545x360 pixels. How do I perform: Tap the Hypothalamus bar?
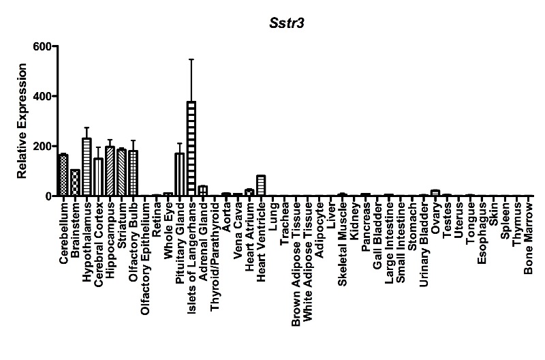click(x=87, y=167)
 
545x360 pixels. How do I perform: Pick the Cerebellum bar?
click(x=63, y=175)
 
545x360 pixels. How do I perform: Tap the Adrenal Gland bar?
click(x=203, y=191)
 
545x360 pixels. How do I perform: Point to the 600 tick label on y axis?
click(x=42, y=46)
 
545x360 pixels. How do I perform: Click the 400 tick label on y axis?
click(x=42, y=96)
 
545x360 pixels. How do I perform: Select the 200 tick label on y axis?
click(x=42, y=146)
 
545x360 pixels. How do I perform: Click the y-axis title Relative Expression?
click(x=22, y=121)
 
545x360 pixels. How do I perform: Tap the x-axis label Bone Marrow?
click(x=529, y=238)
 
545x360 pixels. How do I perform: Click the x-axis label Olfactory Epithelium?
click(x=145, y=256)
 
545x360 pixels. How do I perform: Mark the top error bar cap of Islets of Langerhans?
click(x=191, y=59)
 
